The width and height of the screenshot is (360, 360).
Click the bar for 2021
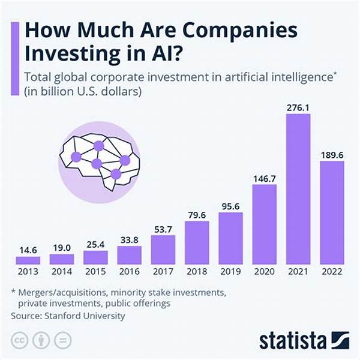click(298, 189)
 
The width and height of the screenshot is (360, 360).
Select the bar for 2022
click(332, 213)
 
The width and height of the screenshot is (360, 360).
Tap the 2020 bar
click(265, 224)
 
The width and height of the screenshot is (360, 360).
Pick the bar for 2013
click(28, 260)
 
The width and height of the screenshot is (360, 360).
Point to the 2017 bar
click(163, 250)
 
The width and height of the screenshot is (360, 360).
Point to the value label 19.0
click(61, 246)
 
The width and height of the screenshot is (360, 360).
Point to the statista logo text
click(291, 340)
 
